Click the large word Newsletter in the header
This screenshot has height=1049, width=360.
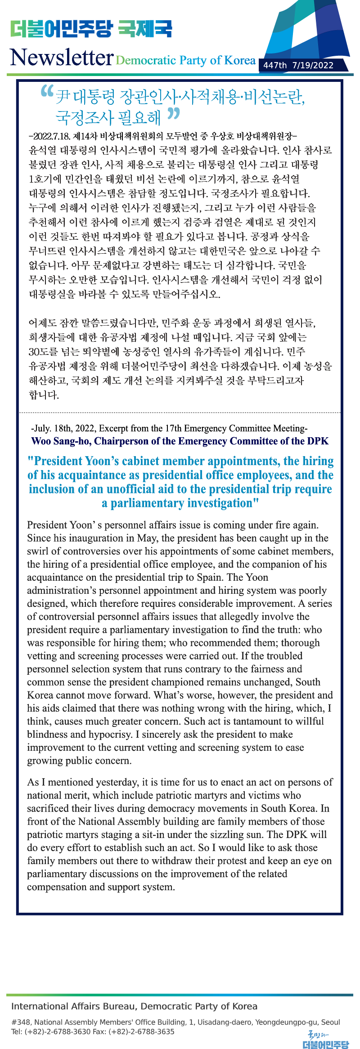62,58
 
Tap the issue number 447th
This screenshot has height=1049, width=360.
275,66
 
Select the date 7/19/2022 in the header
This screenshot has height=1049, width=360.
313,66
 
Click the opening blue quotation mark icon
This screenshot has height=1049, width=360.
47,91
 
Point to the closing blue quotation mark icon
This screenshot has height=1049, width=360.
173,114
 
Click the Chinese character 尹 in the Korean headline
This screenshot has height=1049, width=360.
63,96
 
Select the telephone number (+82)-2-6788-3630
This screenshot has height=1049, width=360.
58,1031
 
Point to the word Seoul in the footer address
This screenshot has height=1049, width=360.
330,1022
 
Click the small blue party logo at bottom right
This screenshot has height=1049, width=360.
326,1040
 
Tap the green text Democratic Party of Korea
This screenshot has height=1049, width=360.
186,60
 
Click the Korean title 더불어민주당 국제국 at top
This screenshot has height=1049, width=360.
91,29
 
